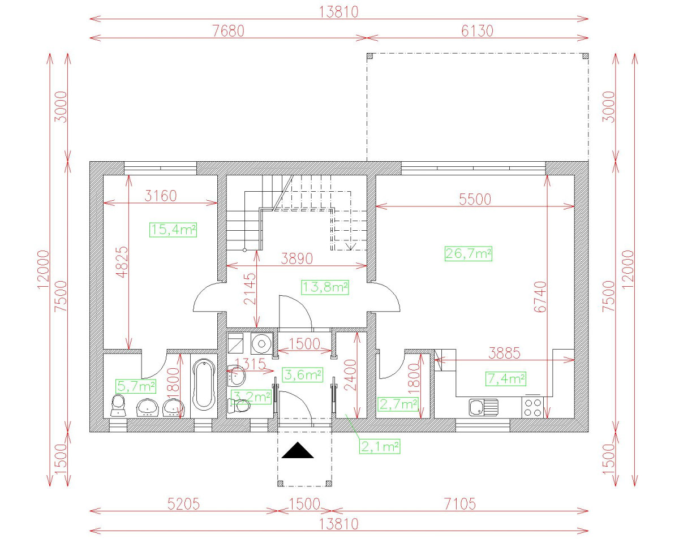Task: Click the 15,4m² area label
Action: point(173,230)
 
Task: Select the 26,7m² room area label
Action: point(469,254)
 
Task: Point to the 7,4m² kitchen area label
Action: point(506,378)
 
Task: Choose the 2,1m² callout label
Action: point(379,446)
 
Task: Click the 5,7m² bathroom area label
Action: point(136,386)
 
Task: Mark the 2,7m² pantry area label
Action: point(398,404)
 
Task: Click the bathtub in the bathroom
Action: point(204,385)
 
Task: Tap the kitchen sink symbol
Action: point(483,406)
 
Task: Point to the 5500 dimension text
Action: point(475,199)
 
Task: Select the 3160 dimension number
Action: point(161,196)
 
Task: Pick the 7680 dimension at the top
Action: point(228,31)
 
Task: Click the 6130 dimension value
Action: point(477,31)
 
